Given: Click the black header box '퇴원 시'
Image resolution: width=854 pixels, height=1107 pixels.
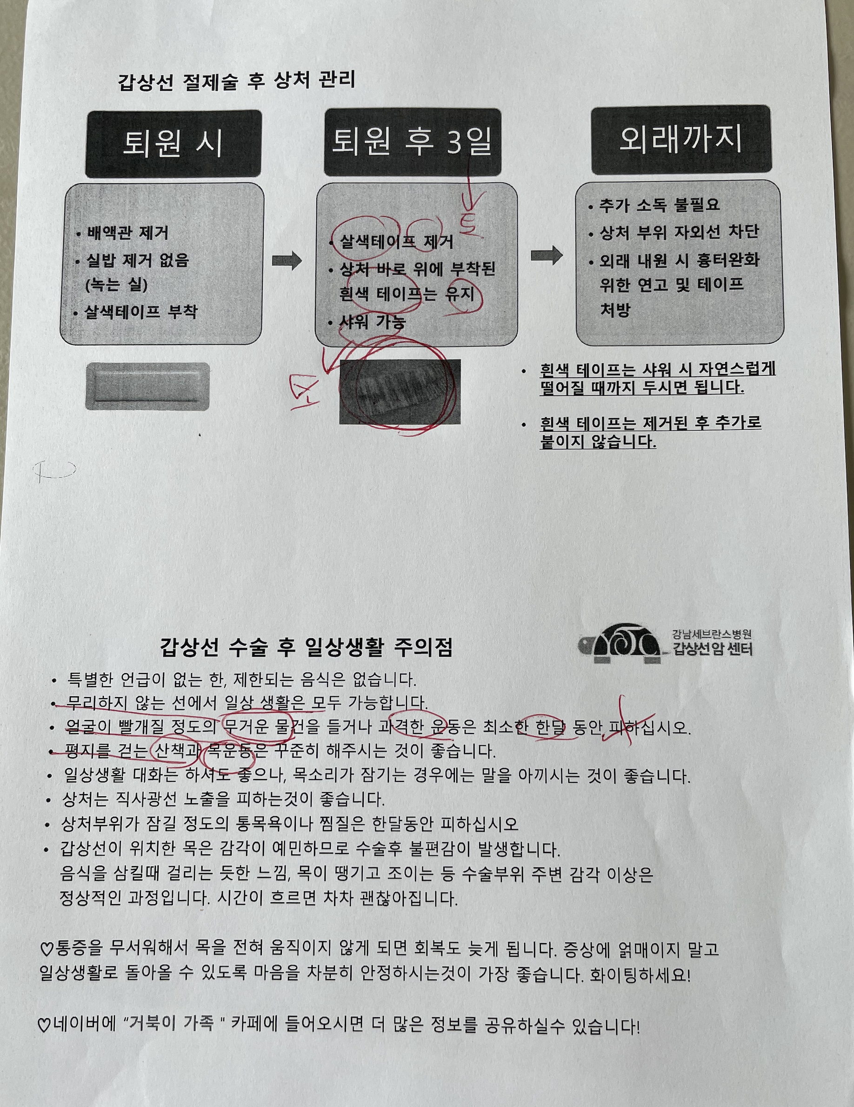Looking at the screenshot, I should (173, 144).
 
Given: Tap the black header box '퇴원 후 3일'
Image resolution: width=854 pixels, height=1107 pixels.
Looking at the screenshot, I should (413, 142).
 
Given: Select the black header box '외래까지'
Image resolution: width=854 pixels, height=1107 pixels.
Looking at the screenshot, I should (681, 140).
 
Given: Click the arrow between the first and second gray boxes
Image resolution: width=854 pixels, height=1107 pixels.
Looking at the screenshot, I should (287, 261).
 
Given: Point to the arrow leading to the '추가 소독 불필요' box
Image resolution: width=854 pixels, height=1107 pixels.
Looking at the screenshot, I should (547, 255).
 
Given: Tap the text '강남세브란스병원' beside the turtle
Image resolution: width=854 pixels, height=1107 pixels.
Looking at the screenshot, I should (712, 634).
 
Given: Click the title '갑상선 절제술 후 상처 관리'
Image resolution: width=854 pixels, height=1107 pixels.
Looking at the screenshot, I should (237, 81).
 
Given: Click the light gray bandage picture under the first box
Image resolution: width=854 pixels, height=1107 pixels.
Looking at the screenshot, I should (147, 386).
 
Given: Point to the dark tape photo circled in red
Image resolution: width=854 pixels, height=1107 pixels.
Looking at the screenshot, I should (400, 391).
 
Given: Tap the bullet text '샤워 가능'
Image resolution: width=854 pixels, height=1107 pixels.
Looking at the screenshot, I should (373, 322).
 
